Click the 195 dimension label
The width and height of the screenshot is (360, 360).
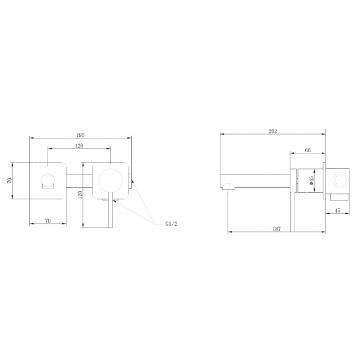[x=80, y=135]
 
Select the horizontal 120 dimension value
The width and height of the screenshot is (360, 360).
[x=79, y=146]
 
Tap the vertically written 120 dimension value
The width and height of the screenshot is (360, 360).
[x=80, y=195]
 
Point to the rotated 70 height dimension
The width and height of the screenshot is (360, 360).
[x=9, y=181]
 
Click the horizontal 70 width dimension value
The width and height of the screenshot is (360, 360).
[x=48, y=221]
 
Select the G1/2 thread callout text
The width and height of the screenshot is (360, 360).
[x=171, y=224]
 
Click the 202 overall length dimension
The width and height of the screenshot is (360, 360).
[x=272, y=131]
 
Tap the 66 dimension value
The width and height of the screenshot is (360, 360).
[x=307, y=150]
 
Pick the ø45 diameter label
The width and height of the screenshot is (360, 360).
[x=311, y=181]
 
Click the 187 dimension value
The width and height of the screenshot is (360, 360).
[x=277, y=229]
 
